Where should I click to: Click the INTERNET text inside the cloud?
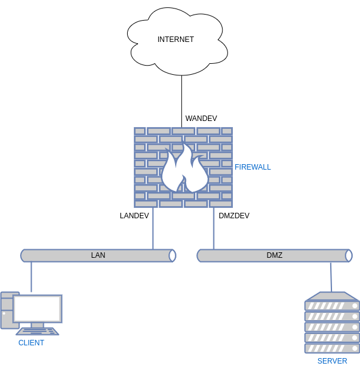click(175, 40)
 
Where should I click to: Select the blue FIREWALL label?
click(252, 167)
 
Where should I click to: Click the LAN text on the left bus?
click(98, 255)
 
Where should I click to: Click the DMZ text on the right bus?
click(274, 255)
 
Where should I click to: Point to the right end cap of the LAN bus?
click(172, 255)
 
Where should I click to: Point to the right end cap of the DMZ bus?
click(348, 255)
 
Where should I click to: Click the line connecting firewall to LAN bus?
click(153, 228)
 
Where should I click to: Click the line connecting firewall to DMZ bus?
click(213, 228)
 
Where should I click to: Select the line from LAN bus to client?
click(31, 277)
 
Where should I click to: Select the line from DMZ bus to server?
click(331, 277)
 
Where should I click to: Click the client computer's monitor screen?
click(37, 309)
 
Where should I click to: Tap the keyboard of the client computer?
click(37, 331)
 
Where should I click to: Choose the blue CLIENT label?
click(31, 343)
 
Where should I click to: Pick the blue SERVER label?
click(332, 361)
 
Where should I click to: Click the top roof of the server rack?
click(332, 296)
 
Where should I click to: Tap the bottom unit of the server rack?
click(332, 348)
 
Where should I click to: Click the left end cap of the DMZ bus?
click(200, 255)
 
